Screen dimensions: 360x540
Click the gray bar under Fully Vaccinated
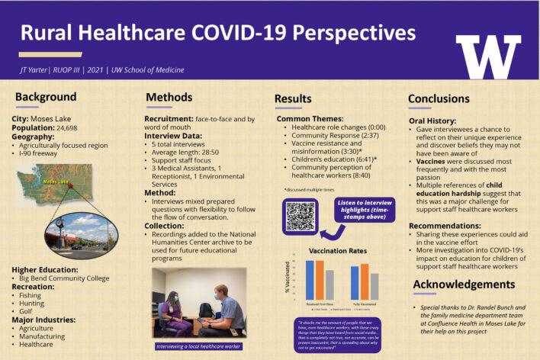[374, 284]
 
